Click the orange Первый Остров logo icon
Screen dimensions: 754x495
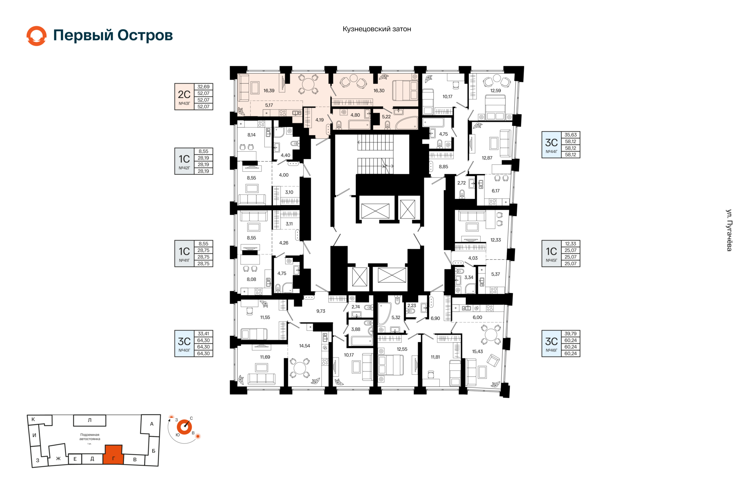point(37,36)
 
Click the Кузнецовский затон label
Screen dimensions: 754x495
point(377,29)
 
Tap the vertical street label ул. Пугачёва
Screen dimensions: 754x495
point(729,230)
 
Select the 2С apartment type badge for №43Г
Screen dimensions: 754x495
point(184,96)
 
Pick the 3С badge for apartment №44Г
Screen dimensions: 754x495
point(551,145)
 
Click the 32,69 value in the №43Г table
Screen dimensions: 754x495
point(203,87)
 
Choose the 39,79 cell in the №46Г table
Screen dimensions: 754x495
point(571,334)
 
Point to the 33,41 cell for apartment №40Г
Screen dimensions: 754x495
point(203,334)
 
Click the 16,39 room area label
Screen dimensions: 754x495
point(269,91)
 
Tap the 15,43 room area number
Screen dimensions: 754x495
point(478,352)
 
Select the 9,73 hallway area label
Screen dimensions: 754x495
point(321,311)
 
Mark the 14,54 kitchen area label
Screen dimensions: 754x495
point(304,346)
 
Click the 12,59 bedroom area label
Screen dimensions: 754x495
point(496,91)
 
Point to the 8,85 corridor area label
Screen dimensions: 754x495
point(443,167)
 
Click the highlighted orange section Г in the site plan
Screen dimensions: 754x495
point(113,455)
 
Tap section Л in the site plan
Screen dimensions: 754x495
point(90,420)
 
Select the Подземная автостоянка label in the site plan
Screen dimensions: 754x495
point(90,437)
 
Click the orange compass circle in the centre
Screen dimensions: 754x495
point(184,427)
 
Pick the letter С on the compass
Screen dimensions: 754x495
point(191,418)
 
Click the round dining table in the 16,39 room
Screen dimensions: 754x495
point(308,84)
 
